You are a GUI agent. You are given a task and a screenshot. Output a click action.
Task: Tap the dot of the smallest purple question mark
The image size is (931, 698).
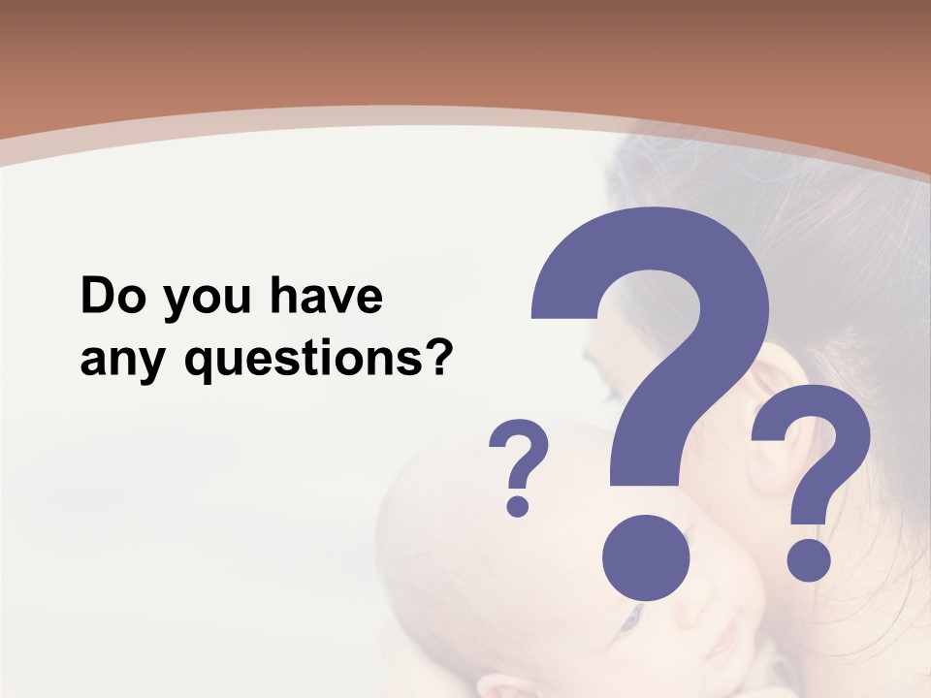(518, 504)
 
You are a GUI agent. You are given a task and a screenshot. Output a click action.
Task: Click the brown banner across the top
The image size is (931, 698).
(465, 48)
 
